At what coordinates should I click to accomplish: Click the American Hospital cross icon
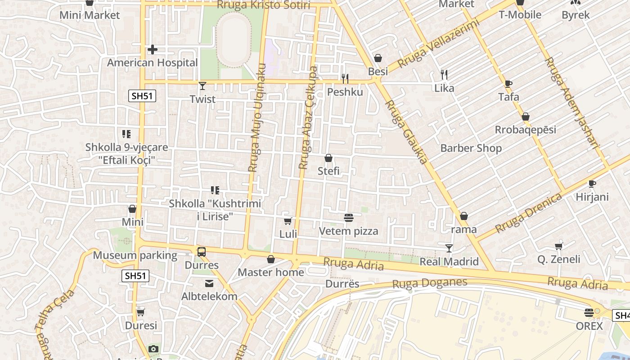[x=153, y=49]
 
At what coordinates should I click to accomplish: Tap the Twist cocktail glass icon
[x=202, y=85]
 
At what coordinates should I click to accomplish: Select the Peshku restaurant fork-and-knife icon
[x=345, y=79]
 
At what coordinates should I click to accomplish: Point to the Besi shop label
[x=378, y=72]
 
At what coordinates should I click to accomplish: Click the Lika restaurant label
[x=444, y=88]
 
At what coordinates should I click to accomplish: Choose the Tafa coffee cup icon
[x=508, y=84]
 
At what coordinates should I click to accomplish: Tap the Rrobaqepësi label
[x=526, y=130]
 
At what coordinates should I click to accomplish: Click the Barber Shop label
[x=471, y=148]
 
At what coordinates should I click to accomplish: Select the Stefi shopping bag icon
[x=328, y=158]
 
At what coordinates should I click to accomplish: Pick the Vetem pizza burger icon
[x=348, y=218]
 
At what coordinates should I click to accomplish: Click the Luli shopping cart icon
[x=288, y=221]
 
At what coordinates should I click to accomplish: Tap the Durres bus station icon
[x=201, y=252]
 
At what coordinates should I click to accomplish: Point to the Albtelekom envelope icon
[x=209, y=283]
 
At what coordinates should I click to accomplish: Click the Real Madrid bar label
[x=449, y=261]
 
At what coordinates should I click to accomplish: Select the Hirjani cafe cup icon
[x=592, y=184]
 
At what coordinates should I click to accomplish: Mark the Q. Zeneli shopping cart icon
[x=559, y=246]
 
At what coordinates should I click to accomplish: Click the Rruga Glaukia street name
[x=406, y=132]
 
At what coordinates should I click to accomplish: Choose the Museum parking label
[x=135, y=255]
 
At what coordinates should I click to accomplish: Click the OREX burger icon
[x=589, y=312]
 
